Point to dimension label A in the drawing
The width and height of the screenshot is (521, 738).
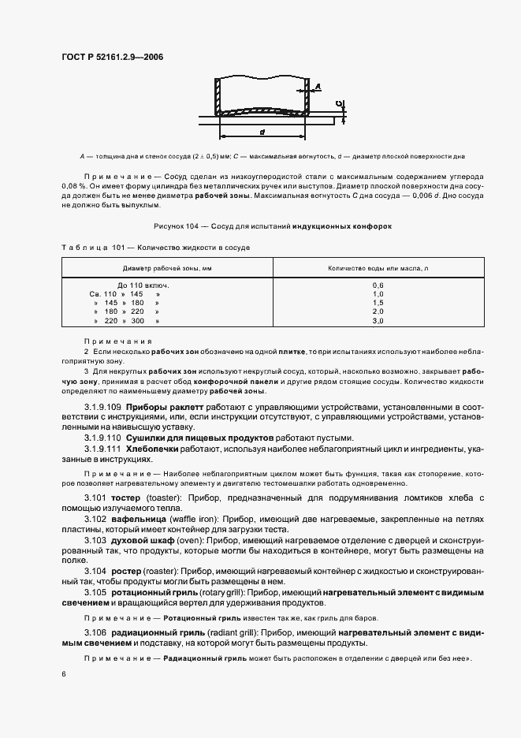pyautogui.click(x=317, y=86)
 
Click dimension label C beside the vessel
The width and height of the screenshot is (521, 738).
pyautogui.click(x=337, y=103)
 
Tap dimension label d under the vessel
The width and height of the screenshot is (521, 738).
pyautogui.click(x=261, y=131)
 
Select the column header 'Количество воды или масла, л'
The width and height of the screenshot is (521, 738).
pyautogui.click(x=377, y=270)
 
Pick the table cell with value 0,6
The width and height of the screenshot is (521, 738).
pyautogui.click(x=377, y=284)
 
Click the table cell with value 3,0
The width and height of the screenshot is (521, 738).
pyautogui.click(x=377, y=322)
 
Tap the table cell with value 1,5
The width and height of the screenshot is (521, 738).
pyautogui.click(x=377, y=303)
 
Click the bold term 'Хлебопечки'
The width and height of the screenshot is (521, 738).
pyautogui.click(x=154, y=448)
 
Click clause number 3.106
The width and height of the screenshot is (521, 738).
pyautogui.click(x=95, y=633)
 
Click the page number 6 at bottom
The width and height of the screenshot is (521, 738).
pyautogui.click(x=64, y=674)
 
